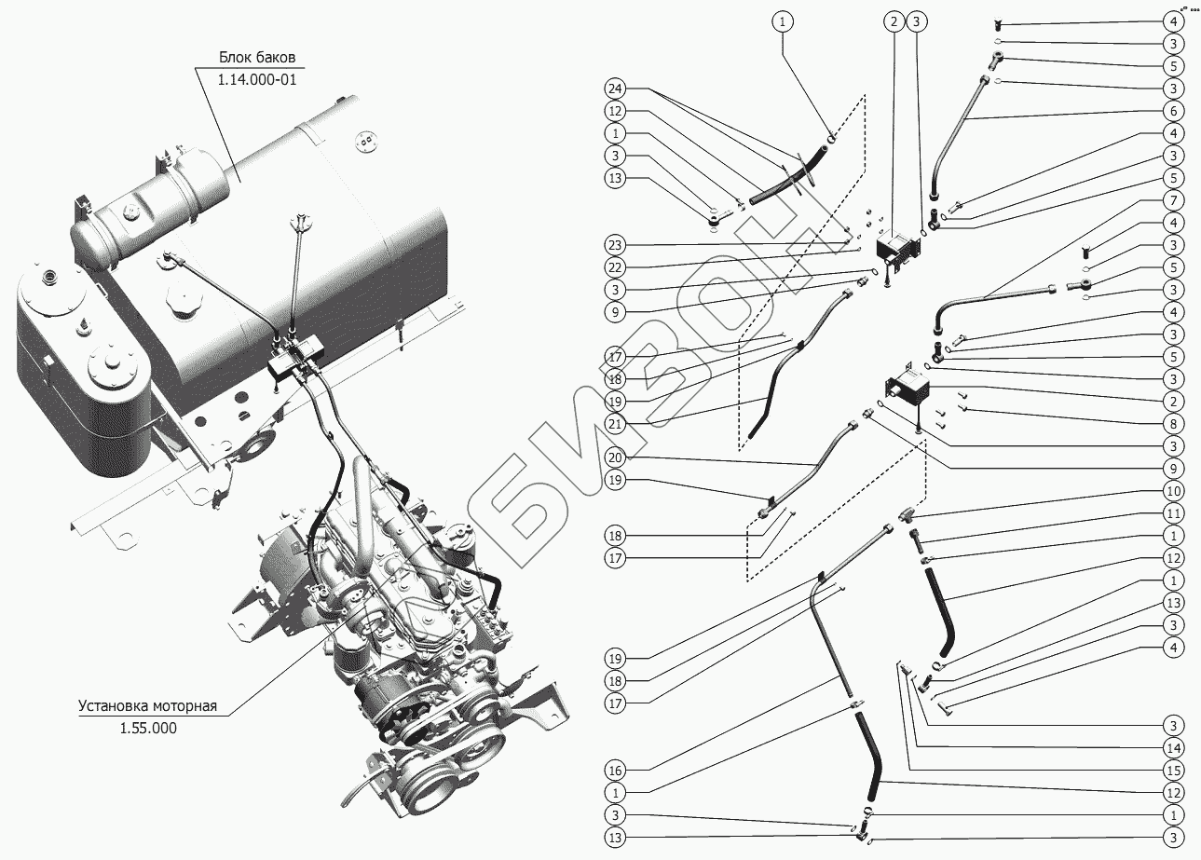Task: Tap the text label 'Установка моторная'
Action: (147, 705)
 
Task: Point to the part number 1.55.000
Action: (147, 728)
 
